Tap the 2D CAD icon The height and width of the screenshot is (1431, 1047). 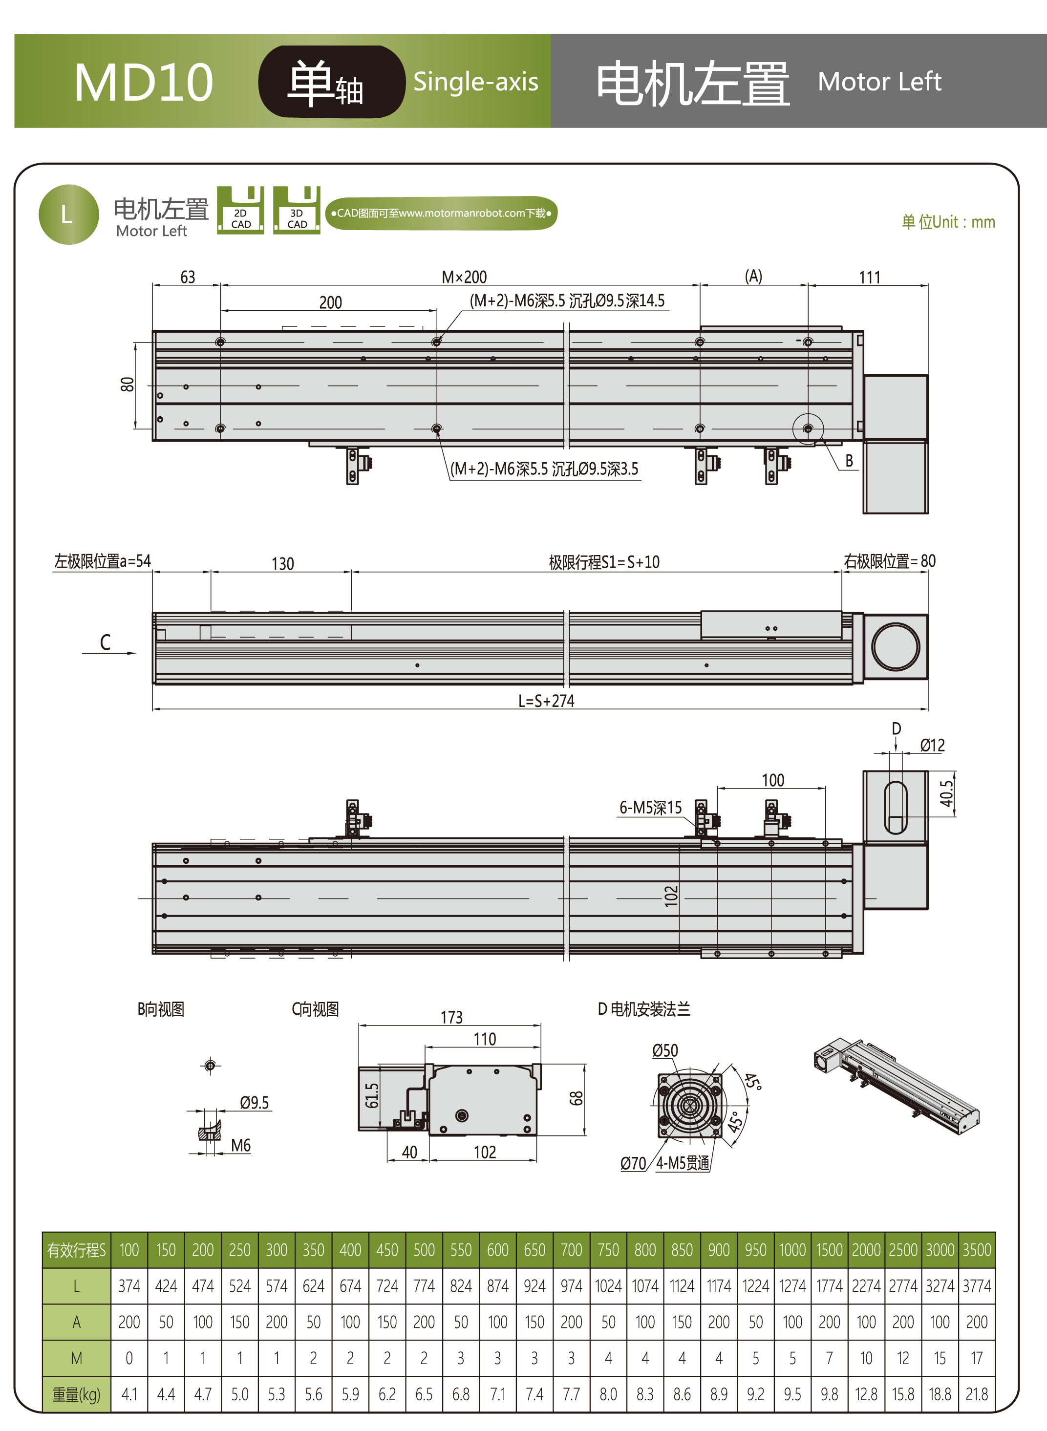[x=240, y=211]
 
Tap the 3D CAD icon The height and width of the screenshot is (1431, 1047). [x=297, y=211]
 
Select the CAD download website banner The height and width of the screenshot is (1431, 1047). [x=441, y=213]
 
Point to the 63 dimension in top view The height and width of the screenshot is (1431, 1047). [x=188, y=277]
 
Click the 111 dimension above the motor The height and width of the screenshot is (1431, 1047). [x=870, y=278]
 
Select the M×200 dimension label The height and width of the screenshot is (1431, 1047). [x=464, y=277]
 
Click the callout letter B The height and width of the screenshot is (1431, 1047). [x=849, y=461]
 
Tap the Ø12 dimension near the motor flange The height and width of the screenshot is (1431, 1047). [x=932, y=745]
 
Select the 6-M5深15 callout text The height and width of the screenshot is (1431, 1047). [x=650, y=808]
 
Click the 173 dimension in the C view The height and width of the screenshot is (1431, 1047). [x=451, y=1017]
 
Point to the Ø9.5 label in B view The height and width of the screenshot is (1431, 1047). [x=254, y=1103]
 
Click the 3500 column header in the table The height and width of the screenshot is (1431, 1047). [x=977, y=1250]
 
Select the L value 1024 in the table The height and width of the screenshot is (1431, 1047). [x=608, y=1286]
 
